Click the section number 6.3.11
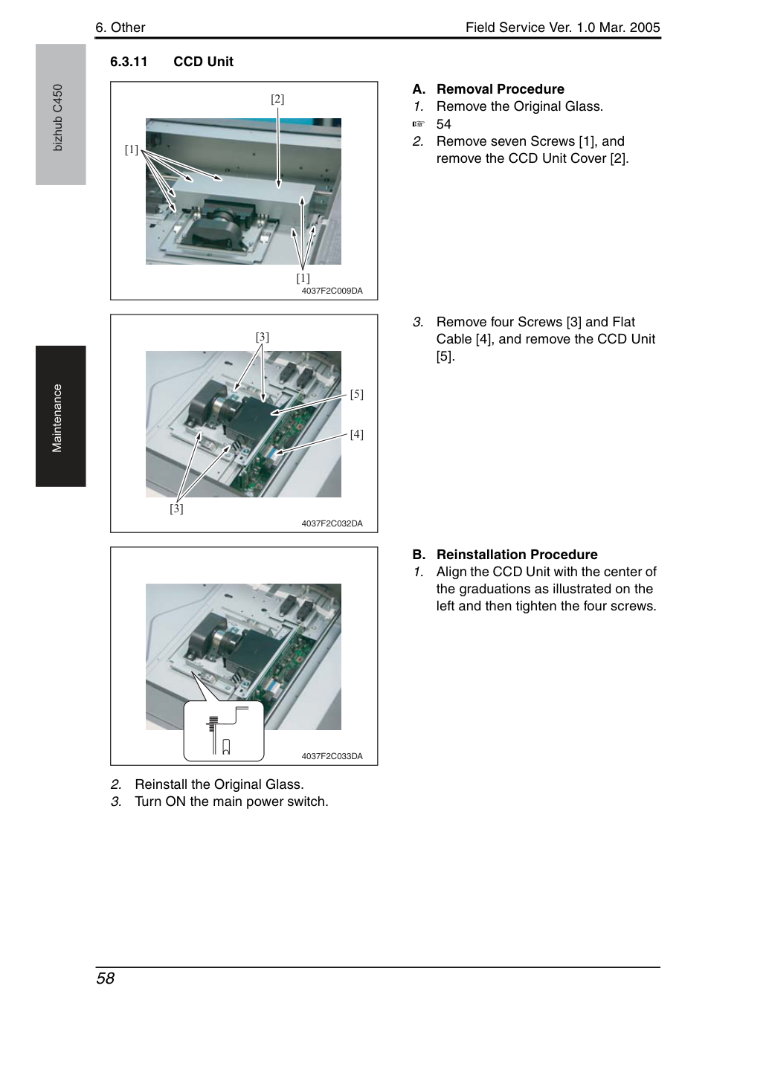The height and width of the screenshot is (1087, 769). click(x=129, y=62)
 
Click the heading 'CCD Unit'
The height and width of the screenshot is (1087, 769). click(x=204, y=62)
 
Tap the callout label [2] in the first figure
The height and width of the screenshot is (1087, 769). click(x=277, y=99)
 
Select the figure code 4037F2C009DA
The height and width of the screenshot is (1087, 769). click(x=332, y=291)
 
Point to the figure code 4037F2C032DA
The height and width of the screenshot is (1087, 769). click(x=332, y=523)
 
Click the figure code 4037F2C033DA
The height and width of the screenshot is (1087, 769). click(x=332, y=756)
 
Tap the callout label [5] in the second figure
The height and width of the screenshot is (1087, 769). click(x=357, y=394)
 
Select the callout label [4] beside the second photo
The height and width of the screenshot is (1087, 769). click(x=357, y=434)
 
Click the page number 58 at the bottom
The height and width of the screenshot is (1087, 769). click(x=106, y=978)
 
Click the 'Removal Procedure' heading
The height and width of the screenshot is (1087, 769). click(x=501, y=89)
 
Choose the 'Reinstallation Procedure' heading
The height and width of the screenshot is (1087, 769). click(x=517, y=555)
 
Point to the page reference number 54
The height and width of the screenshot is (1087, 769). click(x=444, y=124)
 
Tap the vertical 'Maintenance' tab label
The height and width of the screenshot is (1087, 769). click(x=57, y=418)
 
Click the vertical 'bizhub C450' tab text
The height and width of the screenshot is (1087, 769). click(x=57, y=117)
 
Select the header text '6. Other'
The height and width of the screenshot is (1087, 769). click(x=120, y=28)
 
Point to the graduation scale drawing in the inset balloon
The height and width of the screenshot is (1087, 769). click(x=213, y=723)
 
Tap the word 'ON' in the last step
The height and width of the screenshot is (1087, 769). click(x=176, y=801)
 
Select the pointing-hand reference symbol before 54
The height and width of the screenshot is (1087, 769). click(x=419, y=124)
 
